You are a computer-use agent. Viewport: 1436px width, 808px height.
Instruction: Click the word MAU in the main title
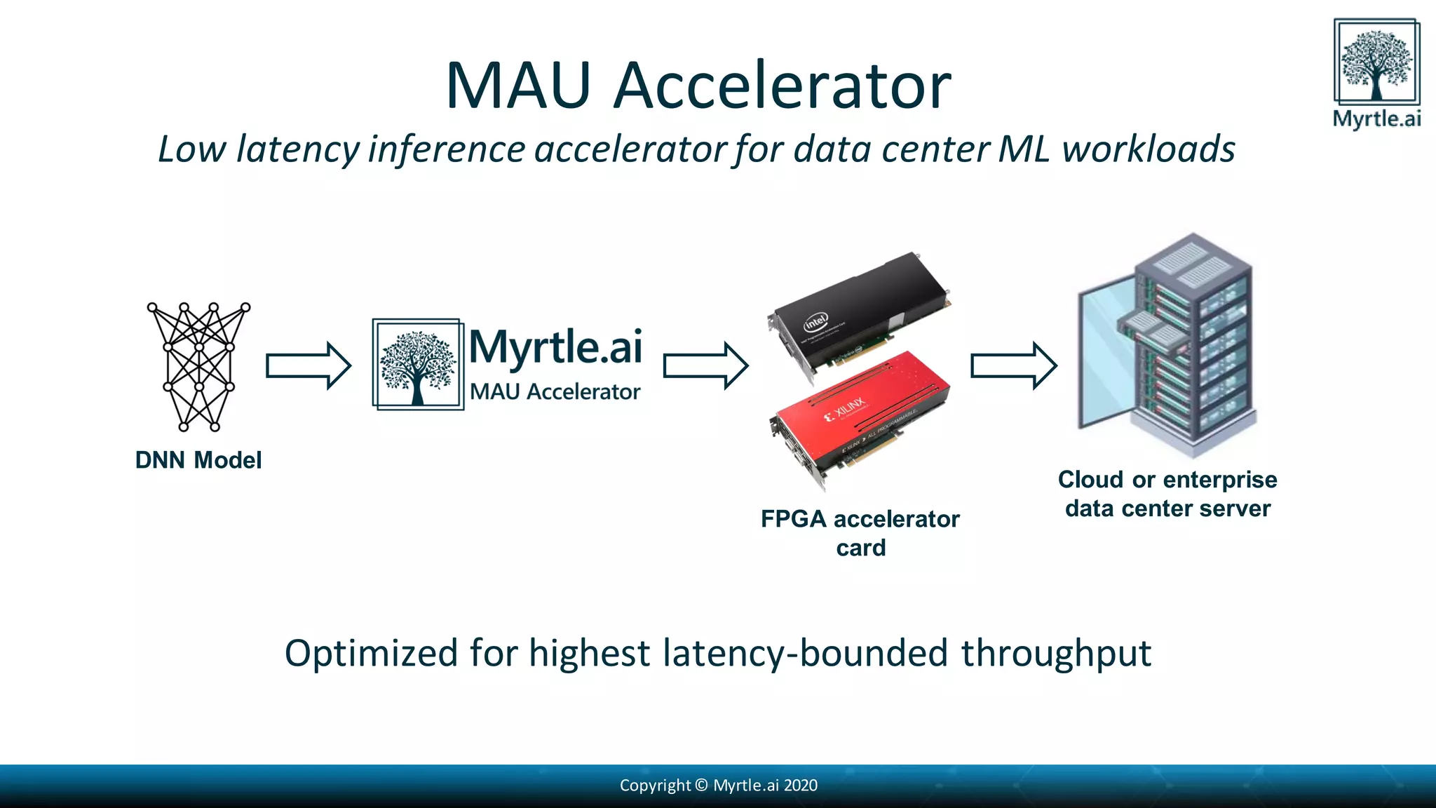(517, 86)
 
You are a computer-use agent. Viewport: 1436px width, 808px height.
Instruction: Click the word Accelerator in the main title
(782, 86)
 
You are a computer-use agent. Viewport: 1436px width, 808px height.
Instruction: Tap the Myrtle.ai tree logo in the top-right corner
(1376, 63)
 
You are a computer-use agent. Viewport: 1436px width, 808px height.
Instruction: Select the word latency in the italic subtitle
(298, 149)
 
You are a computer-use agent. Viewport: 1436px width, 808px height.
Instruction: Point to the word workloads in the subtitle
(1148, 149)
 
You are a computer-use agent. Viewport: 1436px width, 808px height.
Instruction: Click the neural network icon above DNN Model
(198, 366)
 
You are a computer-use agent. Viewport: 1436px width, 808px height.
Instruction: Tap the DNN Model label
(198, 460)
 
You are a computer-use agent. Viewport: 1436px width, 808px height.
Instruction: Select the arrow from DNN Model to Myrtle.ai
(308, 365)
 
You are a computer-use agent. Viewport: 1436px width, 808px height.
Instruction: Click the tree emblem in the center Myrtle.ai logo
(417, 365)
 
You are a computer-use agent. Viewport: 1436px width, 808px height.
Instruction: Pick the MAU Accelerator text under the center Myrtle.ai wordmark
(555, 391)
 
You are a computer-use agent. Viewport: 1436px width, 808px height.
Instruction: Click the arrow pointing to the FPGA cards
(705, 365)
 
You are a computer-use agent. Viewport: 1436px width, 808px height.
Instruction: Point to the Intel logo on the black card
(815, 323)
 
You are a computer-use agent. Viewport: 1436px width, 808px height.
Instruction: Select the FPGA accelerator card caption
(860, 533)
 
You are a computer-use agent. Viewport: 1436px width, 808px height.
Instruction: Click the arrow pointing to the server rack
(1013, 365)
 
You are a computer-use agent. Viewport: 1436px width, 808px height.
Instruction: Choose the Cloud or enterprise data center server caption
(1167, 494)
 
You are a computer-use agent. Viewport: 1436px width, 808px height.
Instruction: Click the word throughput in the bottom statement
(1055, 654)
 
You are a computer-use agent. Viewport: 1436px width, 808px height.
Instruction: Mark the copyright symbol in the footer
(701, 785)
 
